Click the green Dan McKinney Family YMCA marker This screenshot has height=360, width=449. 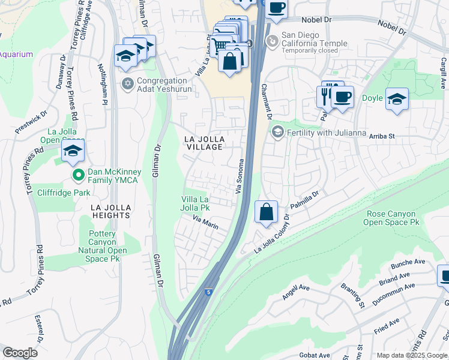[78, 175]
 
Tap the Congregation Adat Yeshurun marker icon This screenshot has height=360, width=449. [127, 83]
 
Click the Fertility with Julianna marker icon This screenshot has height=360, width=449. [277, 131]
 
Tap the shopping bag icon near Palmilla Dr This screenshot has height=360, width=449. [266, 212]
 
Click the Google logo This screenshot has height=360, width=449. [20, 353]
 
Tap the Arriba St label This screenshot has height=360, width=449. [381, 136]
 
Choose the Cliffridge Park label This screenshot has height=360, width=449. [63, 193]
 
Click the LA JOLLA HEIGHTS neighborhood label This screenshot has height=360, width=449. [110, 211]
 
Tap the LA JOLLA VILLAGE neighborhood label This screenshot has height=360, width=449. [204, 143]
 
